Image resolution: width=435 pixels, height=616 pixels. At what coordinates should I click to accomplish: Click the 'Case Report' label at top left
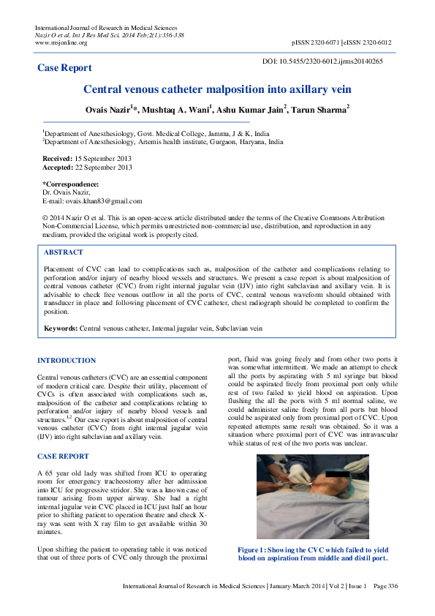click(64, 68)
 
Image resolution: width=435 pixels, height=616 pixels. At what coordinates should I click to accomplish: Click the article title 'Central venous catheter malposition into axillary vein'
click(217, 89)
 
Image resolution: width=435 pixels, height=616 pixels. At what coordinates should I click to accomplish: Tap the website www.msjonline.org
click(61, 42)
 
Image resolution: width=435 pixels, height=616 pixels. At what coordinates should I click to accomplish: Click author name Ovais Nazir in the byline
click(109, 110)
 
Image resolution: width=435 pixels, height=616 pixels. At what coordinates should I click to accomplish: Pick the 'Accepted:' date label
click(58, 168)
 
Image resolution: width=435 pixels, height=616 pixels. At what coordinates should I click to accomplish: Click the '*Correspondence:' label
click(70, 184)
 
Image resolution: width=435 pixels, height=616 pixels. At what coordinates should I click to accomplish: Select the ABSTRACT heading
click(63, 252)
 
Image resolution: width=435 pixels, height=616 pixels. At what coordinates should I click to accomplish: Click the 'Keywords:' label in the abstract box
click(61, 329)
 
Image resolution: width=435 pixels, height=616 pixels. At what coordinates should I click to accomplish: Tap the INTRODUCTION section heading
click(66, 361)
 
